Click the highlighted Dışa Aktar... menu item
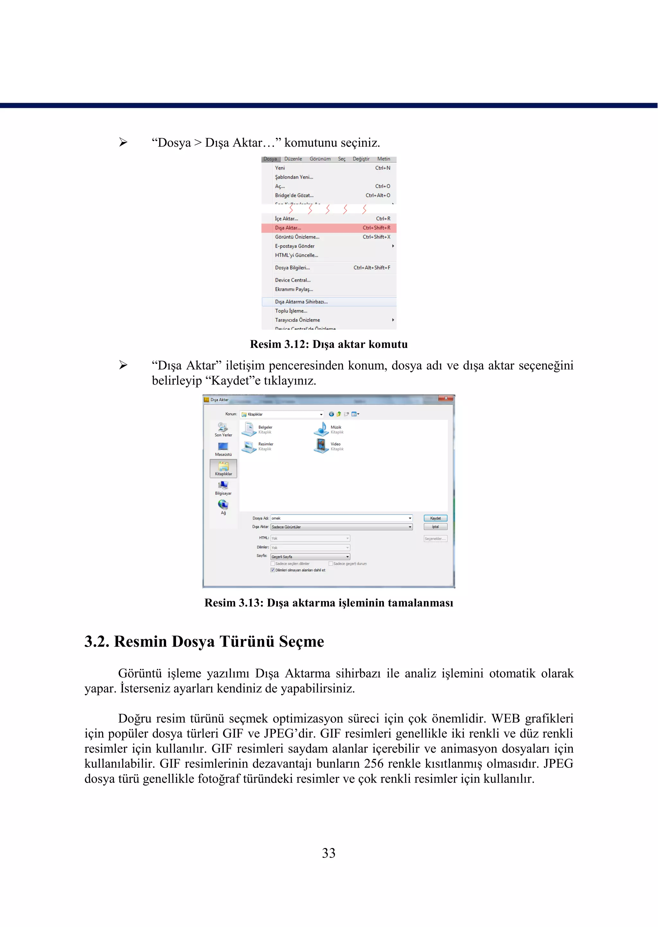coord(288,228)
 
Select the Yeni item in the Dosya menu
coord(280,168)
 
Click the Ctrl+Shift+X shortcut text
coord(377,237)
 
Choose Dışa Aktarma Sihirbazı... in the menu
coord(301,302)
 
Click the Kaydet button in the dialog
coord(435,518)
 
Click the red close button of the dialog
coord(445,399)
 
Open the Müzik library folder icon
coord(321,429)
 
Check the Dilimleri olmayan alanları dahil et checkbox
coord(273,570)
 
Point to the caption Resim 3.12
coord(329,344)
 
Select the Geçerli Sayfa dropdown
coord(310,557)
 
